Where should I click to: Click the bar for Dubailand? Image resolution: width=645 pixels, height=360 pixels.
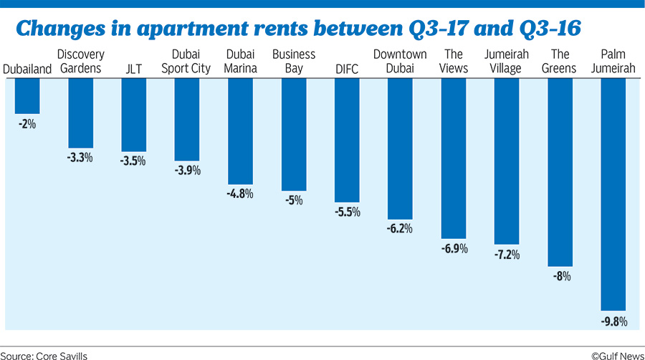27,95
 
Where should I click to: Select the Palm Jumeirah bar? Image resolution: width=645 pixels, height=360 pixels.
613,194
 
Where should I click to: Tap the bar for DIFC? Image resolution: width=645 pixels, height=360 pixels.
347,140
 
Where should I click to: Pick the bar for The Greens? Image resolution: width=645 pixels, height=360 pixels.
560,172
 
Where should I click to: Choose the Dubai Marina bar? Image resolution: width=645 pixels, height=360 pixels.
241,131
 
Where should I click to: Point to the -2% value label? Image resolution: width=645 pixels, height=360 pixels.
27,124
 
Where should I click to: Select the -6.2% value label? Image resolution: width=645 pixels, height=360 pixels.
400,229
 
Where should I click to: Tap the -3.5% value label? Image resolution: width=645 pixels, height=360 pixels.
133,161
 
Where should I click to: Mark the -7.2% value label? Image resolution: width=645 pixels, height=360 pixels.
507,255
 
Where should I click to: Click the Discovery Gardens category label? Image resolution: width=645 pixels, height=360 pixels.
80,62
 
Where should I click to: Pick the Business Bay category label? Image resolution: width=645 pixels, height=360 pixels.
294,62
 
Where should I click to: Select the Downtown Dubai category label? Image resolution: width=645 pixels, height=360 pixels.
400,62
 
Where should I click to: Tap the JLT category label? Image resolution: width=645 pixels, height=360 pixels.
133,69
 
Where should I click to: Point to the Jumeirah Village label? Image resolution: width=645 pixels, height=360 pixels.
507,62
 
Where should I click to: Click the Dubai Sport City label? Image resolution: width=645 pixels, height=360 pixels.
187,62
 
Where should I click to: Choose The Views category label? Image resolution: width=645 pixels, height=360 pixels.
454,62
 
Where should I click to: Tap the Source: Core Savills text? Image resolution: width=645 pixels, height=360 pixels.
44,354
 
